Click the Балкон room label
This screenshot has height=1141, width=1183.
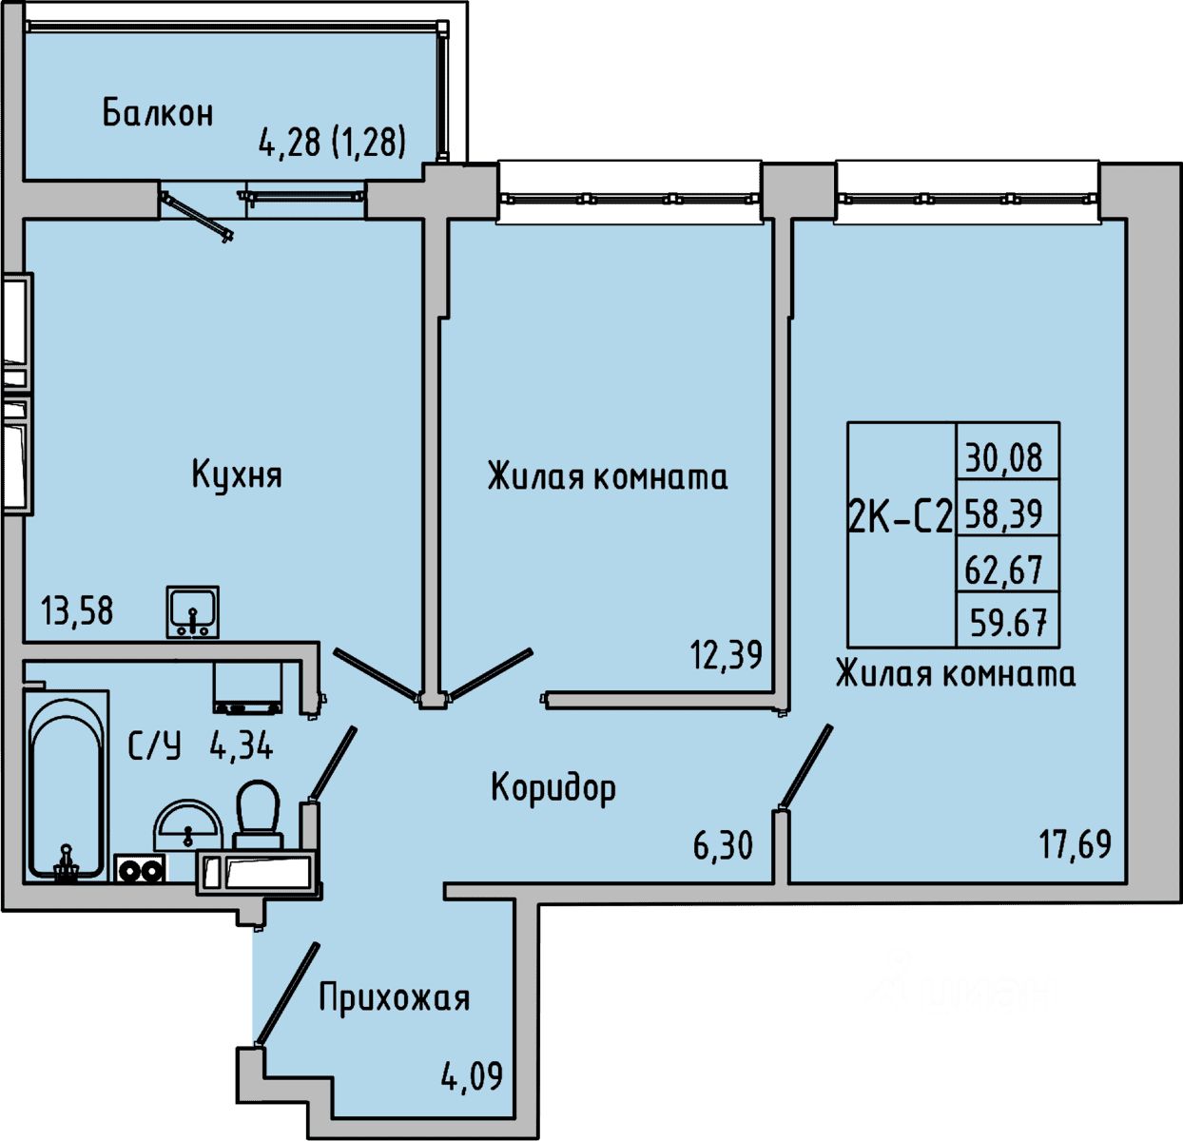pos(158,113)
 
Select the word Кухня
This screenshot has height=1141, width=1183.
pos(237,474)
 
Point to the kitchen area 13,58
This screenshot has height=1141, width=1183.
pos(77,610)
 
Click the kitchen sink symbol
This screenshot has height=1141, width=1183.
pos(193,611)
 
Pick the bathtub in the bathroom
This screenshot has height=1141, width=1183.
pos(65,786)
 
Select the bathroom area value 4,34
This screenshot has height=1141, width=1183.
pos(241,746)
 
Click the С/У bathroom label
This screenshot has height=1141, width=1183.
pos(155,746)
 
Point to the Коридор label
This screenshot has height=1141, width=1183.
pos(553,787)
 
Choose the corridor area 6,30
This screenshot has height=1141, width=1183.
pos(723,844)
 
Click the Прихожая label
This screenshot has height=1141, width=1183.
pos(394,998)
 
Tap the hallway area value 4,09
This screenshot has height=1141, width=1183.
pos(472,1076)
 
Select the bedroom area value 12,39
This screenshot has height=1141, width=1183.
pos(727,654)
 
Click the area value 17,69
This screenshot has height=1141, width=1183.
pos(1075,843)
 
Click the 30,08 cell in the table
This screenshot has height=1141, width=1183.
pos(1005,458)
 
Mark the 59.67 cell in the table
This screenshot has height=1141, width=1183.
pos(1007,624)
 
